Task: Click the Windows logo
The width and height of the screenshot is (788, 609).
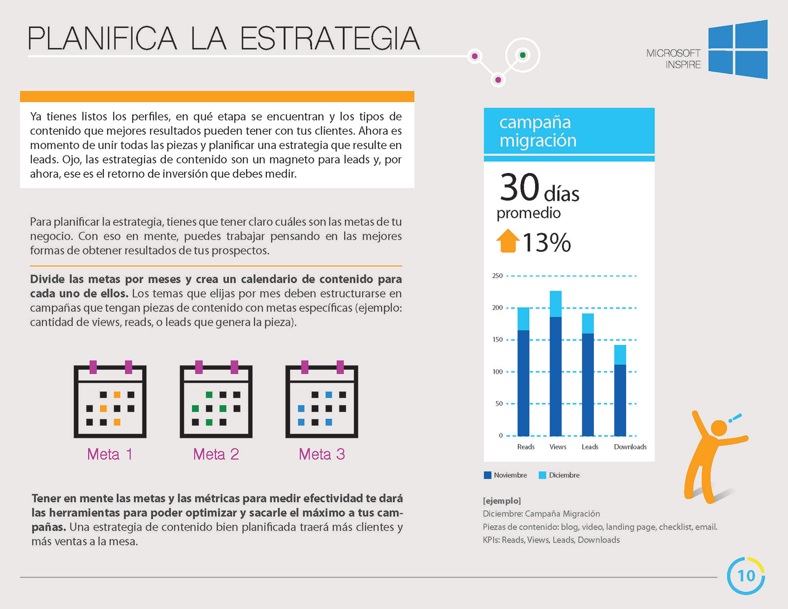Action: tap(738, 49)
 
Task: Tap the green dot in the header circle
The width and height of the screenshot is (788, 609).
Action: tap(522, 55)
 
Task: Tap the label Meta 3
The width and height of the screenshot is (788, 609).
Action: tap(322, 454)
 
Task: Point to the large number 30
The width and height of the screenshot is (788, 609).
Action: tap(520, 187)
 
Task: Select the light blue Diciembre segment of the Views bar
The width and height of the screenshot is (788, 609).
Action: tap(556, 304)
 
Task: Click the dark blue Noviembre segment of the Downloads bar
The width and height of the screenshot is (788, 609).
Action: tap(620, 400)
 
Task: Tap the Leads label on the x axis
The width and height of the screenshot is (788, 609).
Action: tap(590, 447)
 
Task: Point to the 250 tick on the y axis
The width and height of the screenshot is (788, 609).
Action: tap(497, 276)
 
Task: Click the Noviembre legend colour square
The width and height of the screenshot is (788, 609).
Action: tap(488, 475)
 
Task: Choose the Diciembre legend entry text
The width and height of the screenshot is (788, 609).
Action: tap(564, 475)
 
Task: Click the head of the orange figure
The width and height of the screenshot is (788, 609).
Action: tap(719, 428)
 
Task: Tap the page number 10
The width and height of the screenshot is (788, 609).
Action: tap(746, 576)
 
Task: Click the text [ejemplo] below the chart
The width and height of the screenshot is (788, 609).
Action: tap(502, 501)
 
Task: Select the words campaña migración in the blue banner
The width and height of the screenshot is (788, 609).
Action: tap(538, 131)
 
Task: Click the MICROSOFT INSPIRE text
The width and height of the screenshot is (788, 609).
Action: tap(673, 59)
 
